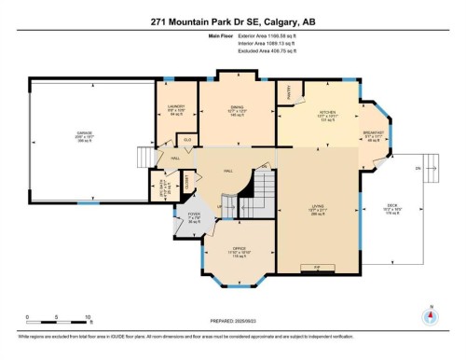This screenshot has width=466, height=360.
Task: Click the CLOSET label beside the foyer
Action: pos(188,180)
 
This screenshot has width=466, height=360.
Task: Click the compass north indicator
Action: pos(429,316)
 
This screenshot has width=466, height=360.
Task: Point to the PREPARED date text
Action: pos(233,324)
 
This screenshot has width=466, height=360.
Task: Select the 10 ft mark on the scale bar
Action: pos(59,319)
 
